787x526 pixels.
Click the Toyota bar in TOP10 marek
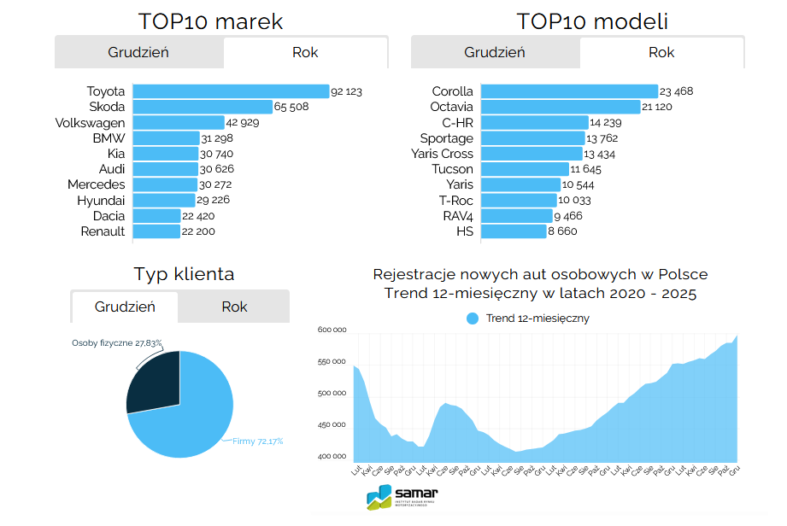tap(231, 91)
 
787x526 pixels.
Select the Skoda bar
tap(203, 107)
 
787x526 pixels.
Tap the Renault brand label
tap(103, 231)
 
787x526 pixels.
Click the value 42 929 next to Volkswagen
tap(243, 123)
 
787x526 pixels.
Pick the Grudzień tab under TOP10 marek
tap(138, 52)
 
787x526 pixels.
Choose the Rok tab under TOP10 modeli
tap(661, 52)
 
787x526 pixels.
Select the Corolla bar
tap(568, 91)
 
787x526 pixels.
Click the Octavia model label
tap(451, 107)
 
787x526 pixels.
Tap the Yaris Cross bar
tap(532, 154)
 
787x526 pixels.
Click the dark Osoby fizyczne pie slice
tap(154, 384)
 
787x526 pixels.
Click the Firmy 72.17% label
tap(258, 441)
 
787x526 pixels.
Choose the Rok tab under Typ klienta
tap(234, 307)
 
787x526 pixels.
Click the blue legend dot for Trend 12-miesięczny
tap(473, 319)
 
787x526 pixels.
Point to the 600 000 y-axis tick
tap(332, 330)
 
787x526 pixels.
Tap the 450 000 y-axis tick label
tap(332, 425)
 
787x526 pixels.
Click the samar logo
tap(402, 496)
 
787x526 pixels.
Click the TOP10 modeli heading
tap(592, 21)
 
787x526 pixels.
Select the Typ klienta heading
tap(184, 274)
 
